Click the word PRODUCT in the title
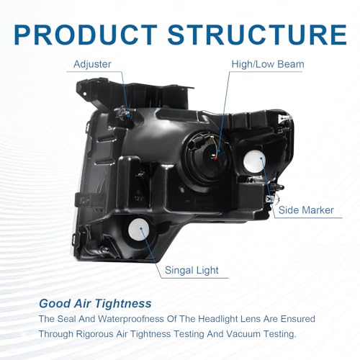(x=85, y=35)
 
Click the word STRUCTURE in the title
(x=257, y=35)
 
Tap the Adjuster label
(x=92, y=65)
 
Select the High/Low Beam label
(x=268, y=64)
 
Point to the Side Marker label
(x=306, y=210)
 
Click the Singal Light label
(x=192, y=271)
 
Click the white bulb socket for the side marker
(x=254, y=161)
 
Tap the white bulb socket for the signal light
(x=139, y=230)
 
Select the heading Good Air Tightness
(x=95, y=304)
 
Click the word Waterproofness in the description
(x=131, y=319)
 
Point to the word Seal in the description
(x=67, y=319)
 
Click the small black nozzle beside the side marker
(x=279, y=186)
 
